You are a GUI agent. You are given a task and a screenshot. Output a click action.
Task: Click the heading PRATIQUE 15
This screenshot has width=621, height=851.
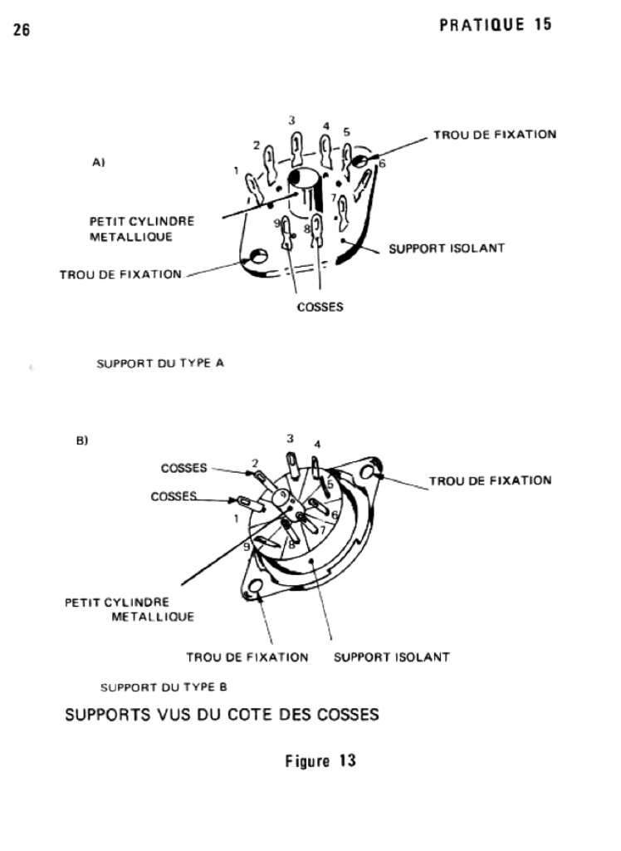tap(495, 24)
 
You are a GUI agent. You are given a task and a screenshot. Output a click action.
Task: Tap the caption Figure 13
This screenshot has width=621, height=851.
tap(320, 760)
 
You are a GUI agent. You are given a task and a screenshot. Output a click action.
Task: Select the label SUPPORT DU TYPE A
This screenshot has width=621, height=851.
tap(160, 362)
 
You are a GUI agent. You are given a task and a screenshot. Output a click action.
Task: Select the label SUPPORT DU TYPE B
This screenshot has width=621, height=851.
tap(164, 687)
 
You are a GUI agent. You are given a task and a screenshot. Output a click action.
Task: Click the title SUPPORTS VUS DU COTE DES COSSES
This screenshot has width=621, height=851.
tap(222, 715)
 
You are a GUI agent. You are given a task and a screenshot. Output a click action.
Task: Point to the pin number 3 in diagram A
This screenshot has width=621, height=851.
tap(292, 121)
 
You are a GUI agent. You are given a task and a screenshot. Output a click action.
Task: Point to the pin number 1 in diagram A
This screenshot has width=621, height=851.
tap(237, 171)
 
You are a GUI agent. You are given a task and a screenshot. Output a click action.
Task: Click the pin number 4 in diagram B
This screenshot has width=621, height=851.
tap(317, 444)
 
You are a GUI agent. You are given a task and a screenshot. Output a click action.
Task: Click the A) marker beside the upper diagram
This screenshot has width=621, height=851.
tap(97, 164)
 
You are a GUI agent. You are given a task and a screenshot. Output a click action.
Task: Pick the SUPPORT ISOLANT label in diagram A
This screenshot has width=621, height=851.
tap(447, 248)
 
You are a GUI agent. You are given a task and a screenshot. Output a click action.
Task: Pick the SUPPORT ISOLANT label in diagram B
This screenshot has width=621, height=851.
tap(391, 657)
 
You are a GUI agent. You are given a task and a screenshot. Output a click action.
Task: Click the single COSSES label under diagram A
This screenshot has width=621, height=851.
tap(320, 306)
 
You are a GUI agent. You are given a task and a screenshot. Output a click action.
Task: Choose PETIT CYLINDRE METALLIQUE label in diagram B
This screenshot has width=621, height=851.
tap(130, 609)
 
